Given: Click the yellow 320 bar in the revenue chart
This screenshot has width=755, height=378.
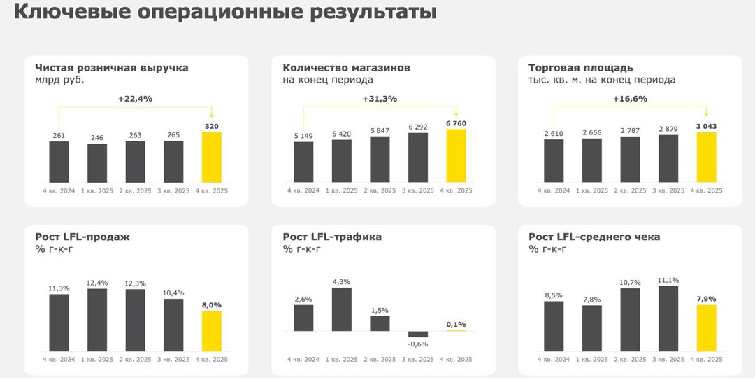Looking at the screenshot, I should [211, 157].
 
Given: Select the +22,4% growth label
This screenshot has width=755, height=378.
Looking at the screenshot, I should [135, 99].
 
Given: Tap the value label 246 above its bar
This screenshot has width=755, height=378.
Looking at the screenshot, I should [97, 138].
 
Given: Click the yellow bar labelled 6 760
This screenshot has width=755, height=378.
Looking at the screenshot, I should [456, 156].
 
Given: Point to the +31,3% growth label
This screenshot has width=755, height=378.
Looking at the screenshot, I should [380, 99].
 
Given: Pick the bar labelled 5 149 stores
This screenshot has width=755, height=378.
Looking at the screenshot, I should [303, 162].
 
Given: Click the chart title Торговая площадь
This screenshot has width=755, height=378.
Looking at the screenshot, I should [581, 68].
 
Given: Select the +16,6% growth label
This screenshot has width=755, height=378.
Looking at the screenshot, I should [630, 99].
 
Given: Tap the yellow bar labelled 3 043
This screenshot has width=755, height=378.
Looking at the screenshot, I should [707, 157].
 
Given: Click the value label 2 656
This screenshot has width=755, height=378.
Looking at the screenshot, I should [591, 132].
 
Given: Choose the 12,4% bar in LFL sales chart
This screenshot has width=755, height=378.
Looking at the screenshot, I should [97, 320].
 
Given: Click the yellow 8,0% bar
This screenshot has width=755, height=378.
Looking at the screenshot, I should [211, 331].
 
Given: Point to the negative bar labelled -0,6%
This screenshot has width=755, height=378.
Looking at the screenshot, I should [418, 335].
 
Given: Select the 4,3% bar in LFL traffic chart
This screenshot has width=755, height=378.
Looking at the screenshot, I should [341, 309].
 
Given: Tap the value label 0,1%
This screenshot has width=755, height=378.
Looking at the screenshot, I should [456, 324].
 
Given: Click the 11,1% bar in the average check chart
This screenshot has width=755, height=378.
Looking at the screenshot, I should [668, 318].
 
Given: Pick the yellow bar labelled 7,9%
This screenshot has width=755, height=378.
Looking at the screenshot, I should [707, 328].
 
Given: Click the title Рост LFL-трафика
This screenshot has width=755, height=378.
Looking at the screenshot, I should [332, 237].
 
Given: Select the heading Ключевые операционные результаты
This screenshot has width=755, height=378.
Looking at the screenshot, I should [225, 13].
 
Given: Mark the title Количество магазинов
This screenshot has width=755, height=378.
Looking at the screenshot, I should [346, 68].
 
